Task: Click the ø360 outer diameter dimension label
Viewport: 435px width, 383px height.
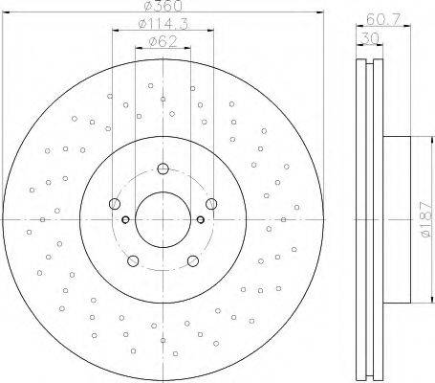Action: [163, 6]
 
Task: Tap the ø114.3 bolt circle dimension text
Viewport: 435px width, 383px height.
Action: [163, 23]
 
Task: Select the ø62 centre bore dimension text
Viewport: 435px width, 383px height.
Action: [163, 41]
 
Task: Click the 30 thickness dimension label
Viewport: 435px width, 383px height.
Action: [370, 39]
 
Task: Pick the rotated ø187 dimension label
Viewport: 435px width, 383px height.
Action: [426, 219]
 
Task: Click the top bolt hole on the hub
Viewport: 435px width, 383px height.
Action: [163, 169]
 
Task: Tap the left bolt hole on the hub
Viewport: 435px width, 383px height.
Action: [115, 204]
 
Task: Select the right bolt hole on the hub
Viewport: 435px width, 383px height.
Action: [211, 204]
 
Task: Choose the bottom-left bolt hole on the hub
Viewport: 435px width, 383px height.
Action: [133, 260]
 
